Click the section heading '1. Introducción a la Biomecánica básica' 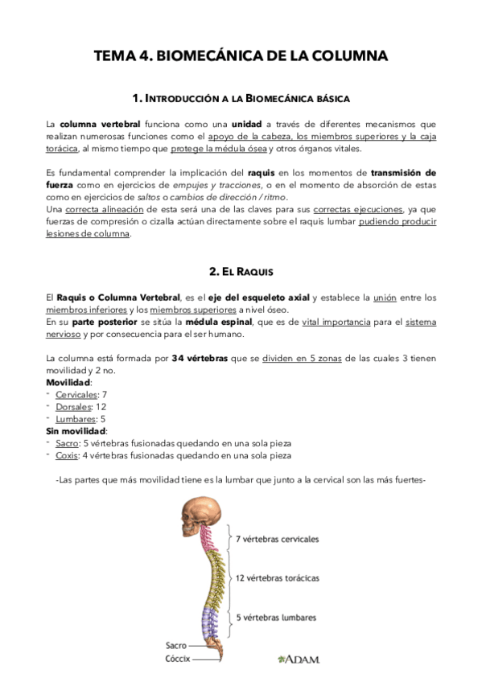(x=241, y=98)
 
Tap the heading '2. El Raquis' (x=241, y=272)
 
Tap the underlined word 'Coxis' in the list (x=67, y=455)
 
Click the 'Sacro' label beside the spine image (x=176, y=645)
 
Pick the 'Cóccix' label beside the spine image (x=178, y=659)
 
